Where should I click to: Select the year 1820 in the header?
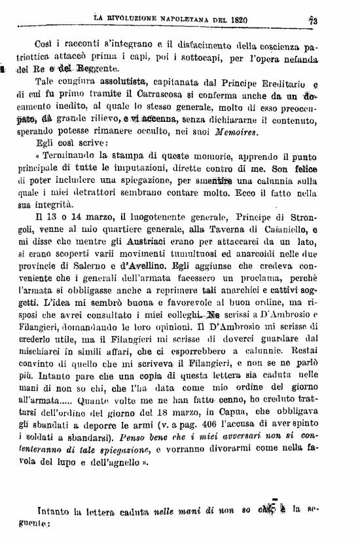pos(234,20)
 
